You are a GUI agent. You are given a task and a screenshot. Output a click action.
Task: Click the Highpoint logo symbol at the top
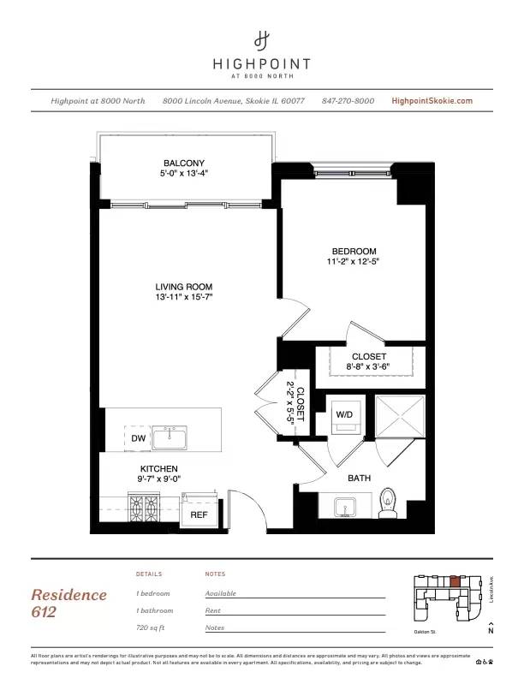[262, 39]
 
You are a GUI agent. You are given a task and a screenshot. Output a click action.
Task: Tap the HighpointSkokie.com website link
[432, 101]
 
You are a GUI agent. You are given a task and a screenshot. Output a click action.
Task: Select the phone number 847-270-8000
[348, 101]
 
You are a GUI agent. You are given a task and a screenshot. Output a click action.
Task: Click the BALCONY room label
[184, 163]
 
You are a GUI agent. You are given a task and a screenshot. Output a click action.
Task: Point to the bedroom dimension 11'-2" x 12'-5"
[352, 261]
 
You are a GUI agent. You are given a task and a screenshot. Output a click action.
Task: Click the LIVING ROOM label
[183, 287]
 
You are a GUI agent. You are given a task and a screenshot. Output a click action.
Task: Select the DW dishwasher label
[139, 438]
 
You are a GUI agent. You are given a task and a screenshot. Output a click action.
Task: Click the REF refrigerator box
[199, 514]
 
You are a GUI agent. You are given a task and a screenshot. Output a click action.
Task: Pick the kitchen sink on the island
[177, 437]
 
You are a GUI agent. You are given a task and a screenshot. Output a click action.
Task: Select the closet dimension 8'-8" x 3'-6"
[369, 367]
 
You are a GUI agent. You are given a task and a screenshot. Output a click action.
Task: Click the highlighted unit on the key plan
[454, 581]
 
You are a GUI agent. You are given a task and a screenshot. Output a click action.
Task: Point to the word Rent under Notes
[212, 610]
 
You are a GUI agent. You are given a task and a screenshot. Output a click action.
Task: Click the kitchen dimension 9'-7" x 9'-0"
[158, 479]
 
